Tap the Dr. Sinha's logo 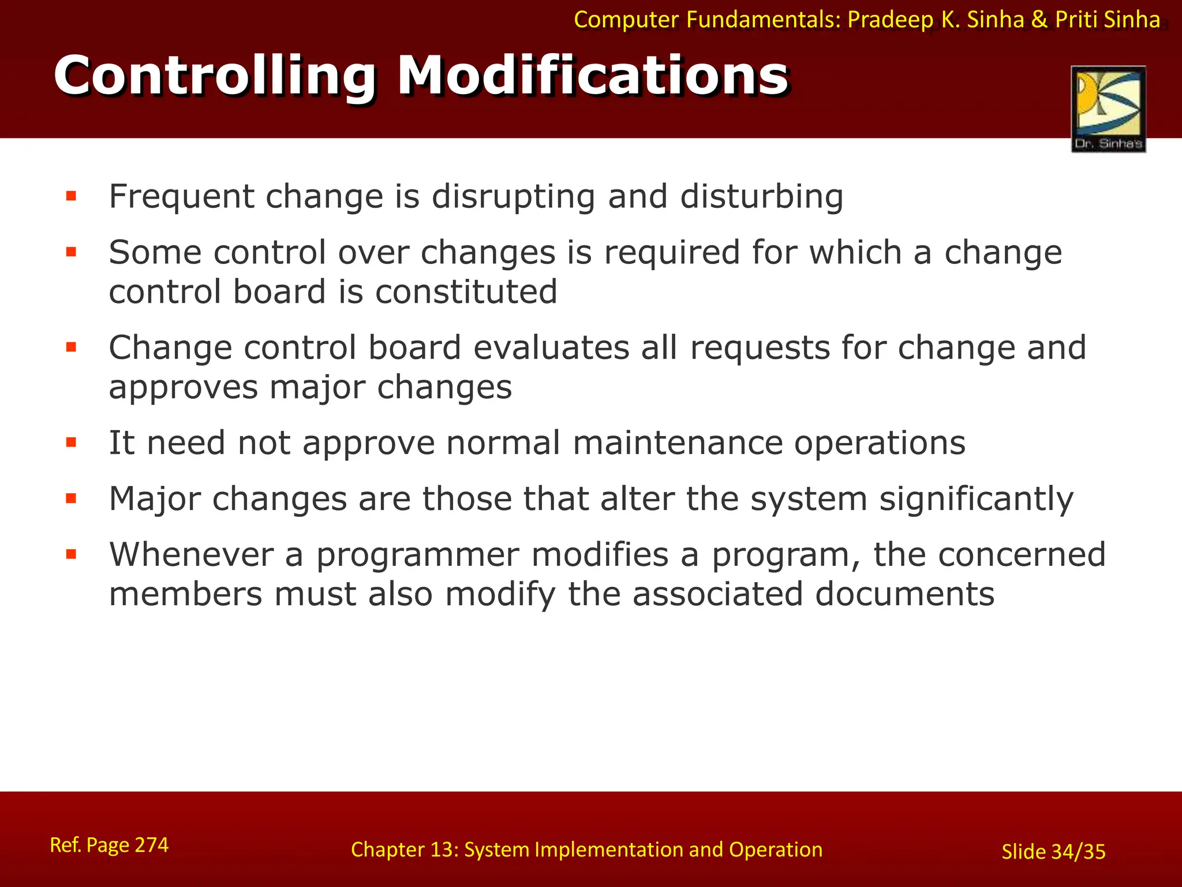pyautogui.click(x=1108, y=109)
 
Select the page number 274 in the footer pyautogui.click(x=151, y=845)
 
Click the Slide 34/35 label pyautogui.click(x=1053, y=852)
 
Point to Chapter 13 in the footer pyautogui.click(x=403, y=849)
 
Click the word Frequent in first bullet pyautogui.click(x=181, y=197)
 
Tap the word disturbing pyautogui.click(x=761, y=197)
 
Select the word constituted pyautogui.click(x=466, y=292)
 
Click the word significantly pyautogui.click(x=975, y=499)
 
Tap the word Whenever pyautogui.click(x=191, y=554)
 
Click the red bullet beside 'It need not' pyautogui.click(x=72, y=443)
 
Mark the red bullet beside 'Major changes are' pyautogui.click(x=72, y=499)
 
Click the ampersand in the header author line pyautogui.click(x=1039, y=20)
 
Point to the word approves pyautogui.click(x=183, y=387)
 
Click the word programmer pyautogui.click(x=417, y=556)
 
